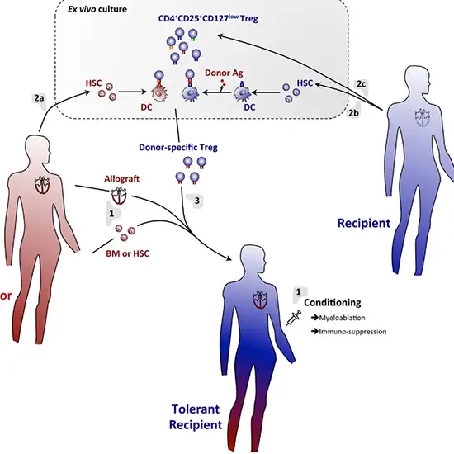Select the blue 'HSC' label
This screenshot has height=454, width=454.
click(305, 83)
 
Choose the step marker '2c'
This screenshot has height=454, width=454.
click(358, 83)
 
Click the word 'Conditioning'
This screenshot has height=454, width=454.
click(341, 302)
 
